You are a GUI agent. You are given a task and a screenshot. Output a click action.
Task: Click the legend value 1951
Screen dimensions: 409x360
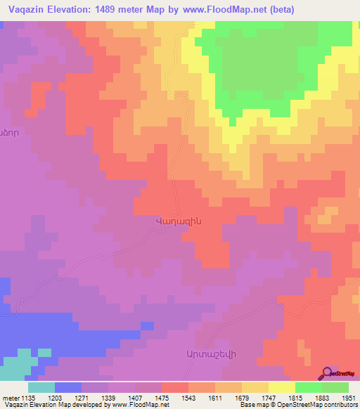pyautogui.click(x=349, y=398)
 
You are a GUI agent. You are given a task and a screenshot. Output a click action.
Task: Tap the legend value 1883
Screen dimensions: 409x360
pyautogui.click(x=322, y=398)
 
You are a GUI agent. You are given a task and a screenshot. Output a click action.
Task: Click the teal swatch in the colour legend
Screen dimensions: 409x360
pyautogui.click(x=41, y=387)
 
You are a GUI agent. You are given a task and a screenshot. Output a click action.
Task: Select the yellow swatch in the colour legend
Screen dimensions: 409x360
pyautogui.click(x=282, y=387)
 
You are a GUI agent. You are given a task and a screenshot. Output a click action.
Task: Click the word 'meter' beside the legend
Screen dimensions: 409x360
pyautogui.click(x=10, y=398)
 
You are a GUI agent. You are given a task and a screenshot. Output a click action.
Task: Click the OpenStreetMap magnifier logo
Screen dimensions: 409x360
pyautogui.click(x=328, y=373)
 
